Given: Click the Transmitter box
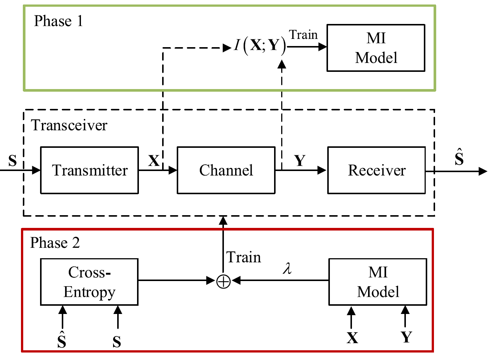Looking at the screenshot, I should tap(89, 170).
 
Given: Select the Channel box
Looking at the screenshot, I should tap(226, 170).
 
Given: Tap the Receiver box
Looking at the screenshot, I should tap(376, 170).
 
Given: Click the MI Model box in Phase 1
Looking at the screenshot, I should tap(376, 48).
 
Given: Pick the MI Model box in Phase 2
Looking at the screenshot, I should tap(378, 282).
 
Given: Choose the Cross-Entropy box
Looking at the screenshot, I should tap(89, 282).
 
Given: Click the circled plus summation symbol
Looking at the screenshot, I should tap(224, 281).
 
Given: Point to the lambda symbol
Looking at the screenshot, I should tap(287, 268).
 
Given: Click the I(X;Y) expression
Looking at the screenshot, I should tap(260, 46).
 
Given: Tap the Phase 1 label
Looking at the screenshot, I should tap(58, 21).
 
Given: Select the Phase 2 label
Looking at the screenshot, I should tap(55, 243).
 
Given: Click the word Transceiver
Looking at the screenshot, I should tap(69, 125).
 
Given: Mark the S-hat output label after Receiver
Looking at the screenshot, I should tap(459, 158).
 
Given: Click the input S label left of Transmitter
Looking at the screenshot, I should tap(13, 161).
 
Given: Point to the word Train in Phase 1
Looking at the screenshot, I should tap(303, 35).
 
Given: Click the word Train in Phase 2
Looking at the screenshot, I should tap(244, 257).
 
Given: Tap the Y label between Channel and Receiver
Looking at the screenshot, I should tap(300, 161).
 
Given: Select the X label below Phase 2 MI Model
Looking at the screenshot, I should tap(352, 338).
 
